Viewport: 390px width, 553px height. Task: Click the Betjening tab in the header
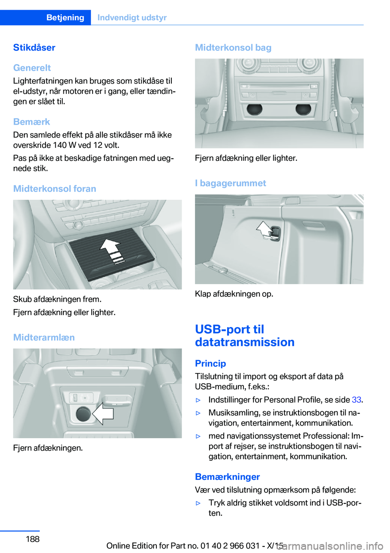tap(65, 17)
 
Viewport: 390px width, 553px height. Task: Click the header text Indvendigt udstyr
tap(132, 17)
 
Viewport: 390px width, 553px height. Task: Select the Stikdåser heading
tap(34, 48)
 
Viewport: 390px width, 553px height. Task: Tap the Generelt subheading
tap(32, 68)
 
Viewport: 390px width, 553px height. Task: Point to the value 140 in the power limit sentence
tap(60, 145)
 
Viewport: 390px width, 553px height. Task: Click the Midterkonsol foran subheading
tap(54, 189)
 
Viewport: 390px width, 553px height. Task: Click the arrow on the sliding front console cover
tap(112, 251)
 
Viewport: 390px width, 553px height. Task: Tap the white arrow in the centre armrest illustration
tap(103, 413)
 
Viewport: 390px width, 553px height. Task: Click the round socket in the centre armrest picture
tap(83, 414)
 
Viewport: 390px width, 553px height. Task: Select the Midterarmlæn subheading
tap(44, 337)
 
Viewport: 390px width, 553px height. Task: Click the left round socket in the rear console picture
tap(255, 109)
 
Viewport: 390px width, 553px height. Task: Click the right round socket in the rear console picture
tap(303, 109)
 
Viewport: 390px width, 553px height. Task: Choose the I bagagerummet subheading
tap(230, 183)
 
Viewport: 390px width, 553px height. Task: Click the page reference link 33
tap(356, 400)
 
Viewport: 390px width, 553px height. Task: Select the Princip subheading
tap(210, 363)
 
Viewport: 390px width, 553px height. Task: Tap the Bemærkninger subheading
tap(227, 477)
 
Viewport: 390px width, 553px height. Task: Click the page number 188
tap(32, 539)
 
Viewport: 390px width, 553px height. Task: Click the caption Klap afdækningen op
tap(234, 294)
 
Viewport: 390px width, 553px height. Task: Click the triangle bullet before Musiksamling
tap(198, 413)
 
